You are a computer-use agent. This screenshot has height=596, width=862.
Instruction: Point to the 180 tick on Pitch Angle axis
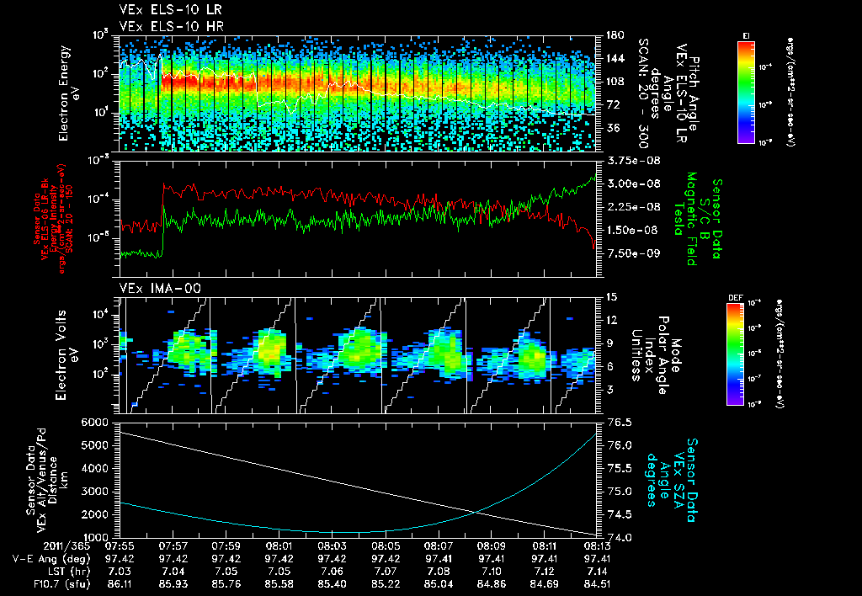click(x=609, y=35)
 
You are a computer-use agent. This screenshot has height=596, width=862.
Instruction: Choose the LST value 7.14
click(x=596, y=570)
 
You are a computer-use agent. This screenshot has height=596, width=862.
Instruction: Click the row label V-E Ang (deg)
click(x=45, y=558)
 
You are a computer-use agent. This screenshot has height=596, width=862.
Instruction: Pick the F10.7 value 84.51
click(x=596, y=582)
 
